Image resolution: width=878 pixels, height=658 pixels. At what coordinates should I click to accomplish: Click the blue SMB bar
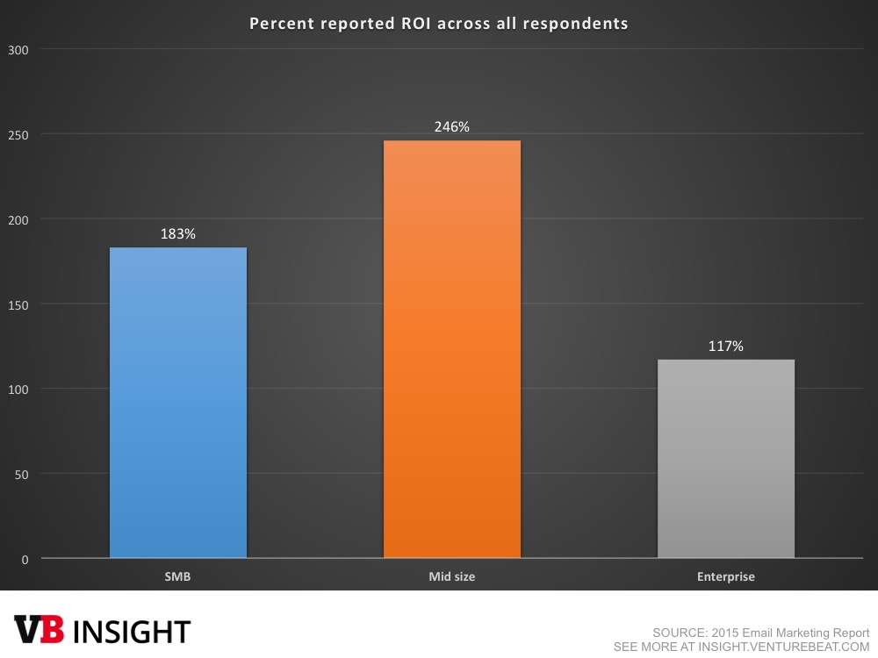pyautogui.click(x=178, y=403)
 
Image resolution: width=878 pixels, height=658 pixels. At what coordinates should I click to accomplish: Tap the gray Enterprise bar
pyautogui.click(x=726, y=459)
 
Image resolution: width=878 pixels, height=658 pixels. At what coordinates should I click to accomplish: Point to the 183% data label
pyautogui.click(x=178, y=235)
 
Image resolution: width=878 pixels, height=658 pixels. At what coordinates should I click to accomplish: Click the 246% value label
pyautogui.click(x=452, y=127)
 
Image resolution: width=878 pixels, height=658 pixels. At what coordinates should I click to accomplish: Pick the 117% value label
pyautogui.click(x=726, y=347)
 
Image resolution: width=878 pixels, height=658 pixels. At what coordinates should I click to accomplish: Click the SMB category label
pyautogui.click(x=178, y=576)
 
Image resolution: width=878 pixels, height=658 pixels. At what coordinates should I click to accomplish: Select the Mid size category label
pyautogui.click(x=452, y=576)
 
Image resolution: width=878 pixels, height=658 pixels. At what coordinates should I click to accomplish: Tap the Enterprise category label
pyautogui.click(x=726, y=576)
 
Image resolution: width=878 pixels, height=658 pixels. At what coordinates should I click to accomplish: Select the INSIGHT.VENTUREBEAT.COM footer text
pyautogui.click(x=774, y=647)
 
